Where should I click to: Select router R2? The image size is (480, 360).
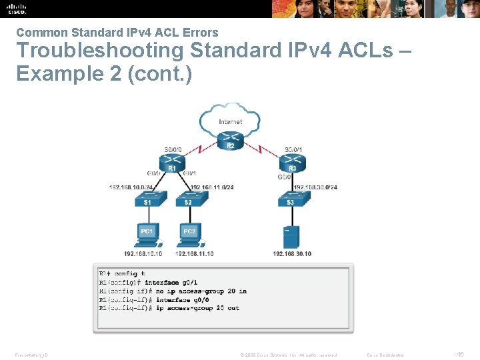[231, 141]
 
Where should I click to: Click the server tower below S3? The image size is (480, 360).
[291, 236]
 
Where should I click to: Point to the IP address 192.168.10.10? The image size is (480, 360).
[143, 254]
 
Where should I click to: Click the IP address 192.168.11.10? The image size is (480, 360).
[195, 254]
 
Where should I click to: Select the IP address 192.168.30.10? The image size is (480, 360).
[292, 254]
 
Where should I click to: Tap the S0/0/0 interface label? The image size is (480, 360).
[173, 149]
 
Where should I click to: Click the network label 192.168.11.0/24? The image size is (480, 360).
[212, 187]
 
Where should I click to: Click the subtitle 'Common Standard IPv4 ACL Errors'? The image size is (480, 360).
[117, 32]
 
